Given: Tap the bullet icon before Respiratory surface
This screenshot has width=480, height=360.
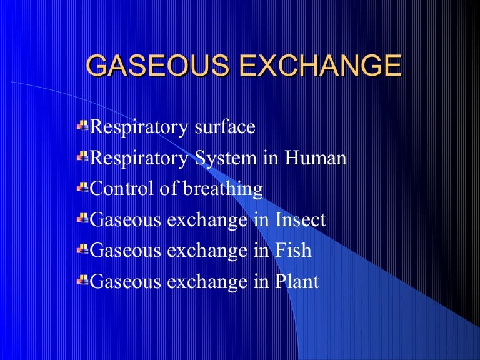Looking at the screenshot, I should click(x=83, y=126).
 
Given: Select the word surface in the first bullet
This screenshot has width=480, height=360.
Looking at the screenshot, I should click(x=227, y=127).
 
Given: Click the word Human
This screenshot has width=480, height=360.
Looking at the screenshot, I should click(x=316, y=158).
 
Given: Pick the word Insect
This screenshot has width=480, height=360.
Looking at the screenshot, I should click(x=299, y=220).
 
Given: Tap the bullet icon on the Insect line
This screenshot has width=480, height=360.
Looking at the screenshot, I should click(x=83, y=219).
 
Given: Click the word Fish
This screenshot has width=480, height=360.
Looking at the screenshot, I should click(x=292, y=251).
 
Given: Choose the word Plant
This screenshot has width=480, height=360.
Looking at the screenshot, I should click(x=296, y=282).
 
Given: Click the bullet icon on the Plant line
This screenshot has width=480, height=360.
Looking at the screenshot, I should click(x=83, y=281).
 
